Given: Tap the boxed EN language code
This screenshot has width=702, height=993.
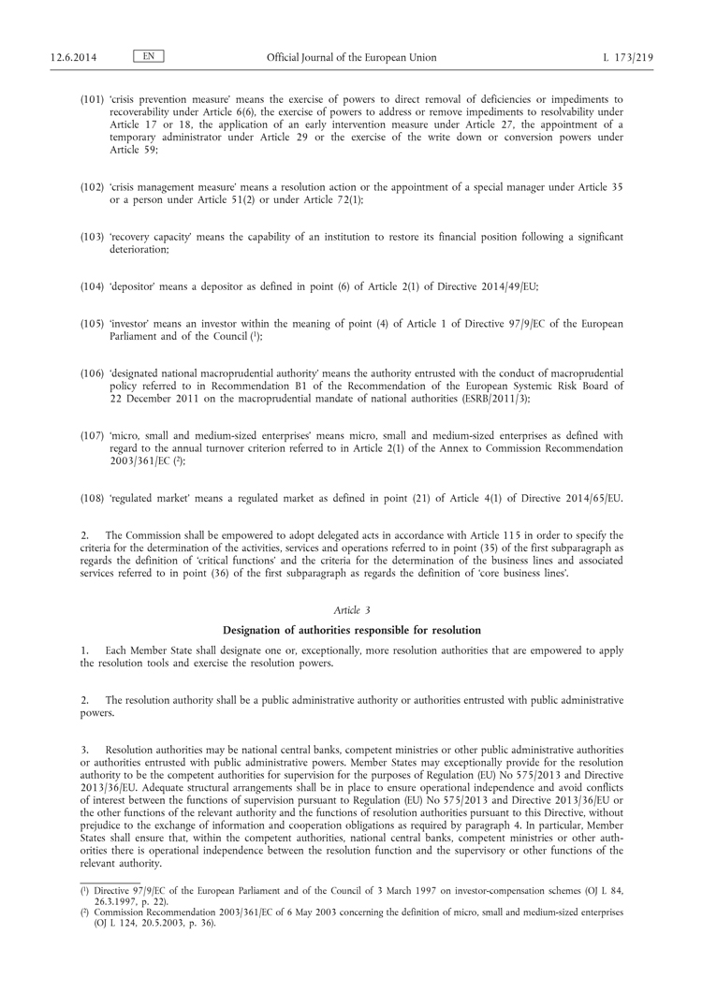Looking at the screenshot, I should point(149,57).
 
